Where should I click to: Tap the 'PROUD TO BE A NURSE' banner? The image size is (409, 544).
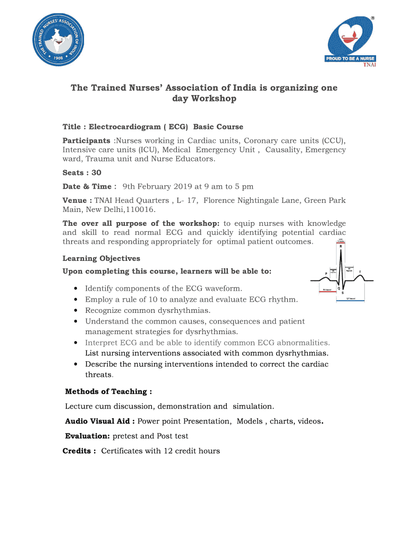point(350,58)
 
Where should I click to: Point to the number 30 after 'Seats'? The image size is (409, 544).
point(96,173)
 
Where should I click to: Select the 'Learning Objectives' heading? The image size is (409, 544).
point(101,259)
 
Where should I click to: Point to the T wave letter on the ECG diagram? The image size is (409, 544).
point(361,271)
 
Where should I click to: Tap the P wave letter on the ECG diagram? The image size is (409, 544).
point(326,274)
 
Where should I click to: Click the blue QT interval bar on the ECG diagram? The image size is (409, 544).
point(351,301)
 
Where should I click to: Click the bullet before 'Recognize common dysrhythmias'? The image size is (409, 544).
point(78,311)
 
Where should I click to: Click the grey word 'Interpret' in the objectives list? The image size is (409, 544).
point(101,343)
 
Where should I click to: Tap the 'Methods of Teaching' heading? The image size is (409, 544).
point(108,392)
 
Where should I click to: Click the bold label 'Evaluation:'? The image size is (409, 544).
point(88,436)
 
